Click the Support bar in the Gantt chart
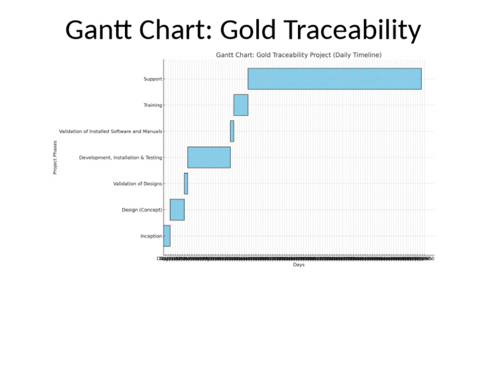click(x=334, y=79)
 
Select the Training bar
click(x=240, y=105)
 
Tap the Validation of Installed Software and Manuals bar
click(x=232, y=131)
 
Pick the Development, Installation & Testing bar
click(x=209, y=157)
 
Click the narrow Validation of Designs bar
click(x=186, y=184)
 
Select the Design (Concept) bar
click(x=177, y=210)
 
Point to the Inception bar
click(x=167, y=236)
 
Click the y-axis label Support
click(x=153, y=79)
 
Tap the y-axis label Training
click(x=152, y=105)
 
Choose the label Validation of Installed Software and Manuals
click(x=110, y=131)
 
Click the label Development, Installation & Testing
click(x=120, y=157)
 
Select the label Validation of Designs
click(x=138, y=184)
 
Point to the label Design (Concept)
click(x=142, y=210)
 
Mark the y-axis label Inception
click(x=151, y=236)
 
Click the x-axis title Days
click(x=299, y=265)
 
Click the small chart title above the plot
click(x=299, y=55)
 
